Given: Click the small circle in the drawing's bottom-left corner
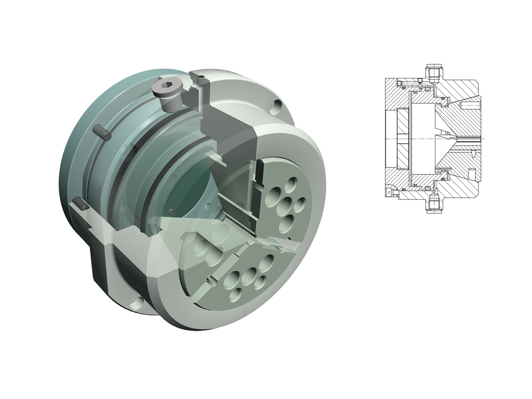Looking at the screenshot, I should (389, 192).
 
